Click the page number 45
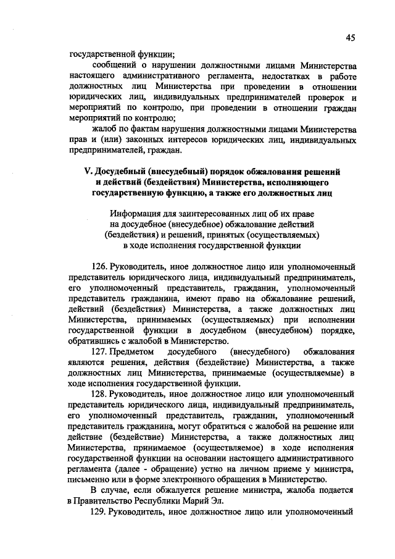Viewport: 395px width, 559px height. [350, 38]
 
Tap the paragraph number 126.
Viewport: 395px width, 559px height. [100, 266]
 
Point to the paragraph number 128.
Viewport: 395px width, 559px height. [100, 393]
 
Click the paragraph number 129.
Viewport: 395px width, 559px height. [100, 513]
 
